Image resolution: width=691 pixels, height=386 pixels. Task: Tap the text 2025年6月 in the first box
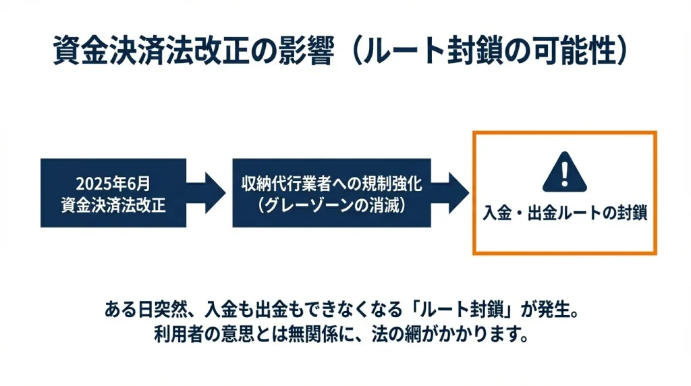point(113,184)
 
